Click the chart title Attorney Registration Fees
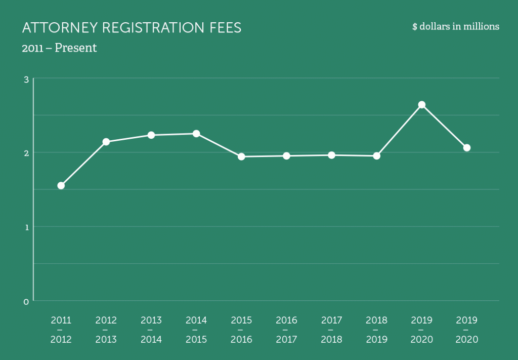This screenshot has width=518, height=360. pos(132,28)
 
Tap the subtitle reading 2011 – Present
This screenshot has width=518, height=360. pos(59,49)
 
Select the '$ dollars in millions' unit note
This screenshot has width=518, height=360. pos(455,26)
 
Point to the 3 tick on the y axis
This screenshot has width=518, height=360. pos(26,79)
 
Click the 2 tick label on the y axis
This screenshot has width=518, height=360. pos(26,152)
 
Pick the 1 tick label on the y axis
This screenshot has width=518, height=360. pos(26,226)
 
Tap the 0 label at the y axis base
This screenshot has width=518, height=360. pos(26,301)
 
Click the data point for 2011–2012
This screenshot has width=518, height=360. pos(61,186)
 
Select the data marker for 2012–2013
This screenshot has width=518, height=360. pos(106,142)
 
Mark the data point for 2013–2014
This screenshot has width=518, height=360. pos(151,135)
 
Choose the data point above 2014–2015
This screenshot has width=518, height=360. pos(196,134)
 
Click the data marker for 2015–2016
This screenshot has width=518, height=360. pos(241,156)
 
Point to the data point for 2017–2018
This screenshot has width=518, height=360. pos(331,155)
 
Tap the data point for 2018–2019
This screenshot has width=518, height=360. pos(376,156)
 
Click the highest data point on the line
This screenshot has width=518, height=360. pos(421,105)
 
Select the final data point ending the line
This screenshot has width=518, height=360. pos(467,148)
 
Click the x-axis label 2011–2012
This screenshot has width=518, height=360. pos(61,330)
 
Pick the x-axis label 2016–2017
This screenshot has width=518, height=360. pos(286,330)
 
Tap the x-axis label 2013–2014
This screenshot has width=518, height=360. pos(151,330)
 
